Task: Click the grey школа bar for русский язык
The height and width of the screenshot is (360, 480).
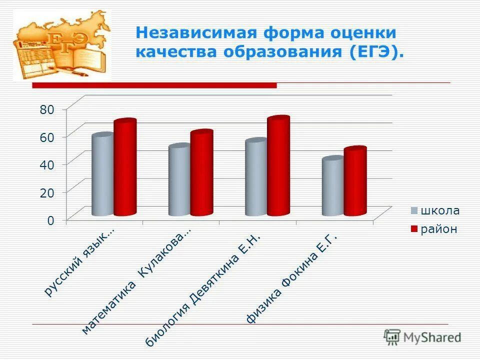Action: (x=103, y=175)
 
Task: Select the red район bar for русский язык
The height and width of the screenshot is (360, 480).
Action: (x=124, y=168)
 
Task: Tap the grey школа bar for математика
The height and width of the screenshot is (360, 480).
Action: (x=179, y=180)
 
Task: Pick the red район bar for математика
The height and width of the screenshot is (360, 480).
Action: (x=201, y=173)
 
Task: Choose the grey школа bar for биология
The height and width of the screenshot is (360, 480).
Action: (x=256, y=178)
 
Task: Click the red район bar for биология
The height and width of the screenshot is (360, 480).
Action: (x=278, y=167)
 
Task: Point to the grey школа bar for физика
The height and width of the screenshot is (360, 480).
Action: (x=332, y=187)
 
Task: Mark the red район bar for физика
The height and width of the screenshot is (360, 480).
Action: (x=354, y=182)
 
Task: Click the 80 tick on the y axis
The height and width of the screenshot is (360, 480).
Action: (x=46, y=109)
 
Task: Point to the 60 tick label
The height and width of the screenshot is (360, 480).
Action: (x=46, y=137)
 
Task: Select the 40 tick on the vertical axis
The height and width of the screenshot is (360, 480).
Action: (x=46, y=164)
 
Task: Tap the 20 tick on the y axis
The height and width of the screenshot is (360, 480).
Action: (x=46, y=192)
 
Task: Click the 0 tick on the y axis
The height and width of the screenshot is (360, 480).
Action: (x=50, y=220)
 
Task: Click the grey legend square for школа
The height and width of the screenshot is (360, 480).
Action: (x=414, y=211)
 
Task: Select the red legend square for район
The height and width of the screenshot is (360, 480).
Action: (x=414, y=228)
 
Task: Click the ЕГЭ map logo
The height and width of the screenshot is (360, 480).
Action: (x=61, y=45)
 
